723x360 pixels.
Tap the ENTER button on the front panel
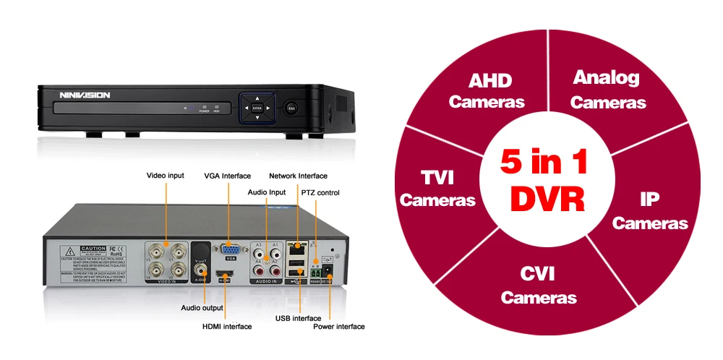(x=257, y=108)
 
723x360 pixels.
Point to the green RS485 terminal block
(x=315, y=272)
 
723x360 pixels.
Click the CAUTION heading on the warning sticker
(x=93, y=248)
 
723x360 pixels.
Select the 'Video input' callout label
(x=166, y=175)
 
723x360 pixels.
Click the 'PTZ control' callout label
(x=320, y=193)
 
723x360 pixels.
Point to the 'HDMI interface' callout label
(x=227, y=327)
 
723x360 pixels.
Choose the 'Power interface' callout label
(x=338, y=327)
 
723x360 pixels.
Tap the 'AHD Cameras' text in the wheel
(x=486, y=90)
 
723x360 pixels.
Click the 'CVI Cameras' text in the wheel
(x=539, y=285)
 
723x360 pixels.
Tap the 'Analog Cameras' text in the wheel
(x=607, y=89)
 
